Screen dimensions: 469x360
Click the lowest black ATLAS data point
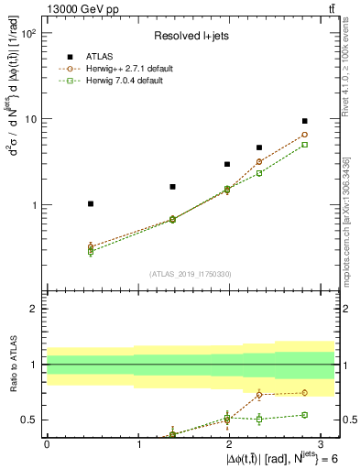tap(90, 203)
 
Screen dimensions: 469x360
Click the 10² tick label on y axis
tap(27, 34)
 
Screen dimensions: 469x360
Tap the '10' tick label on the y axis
tap(29, 119)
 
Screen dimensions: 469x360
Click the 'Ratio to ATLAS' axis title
tap(12, 365)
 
